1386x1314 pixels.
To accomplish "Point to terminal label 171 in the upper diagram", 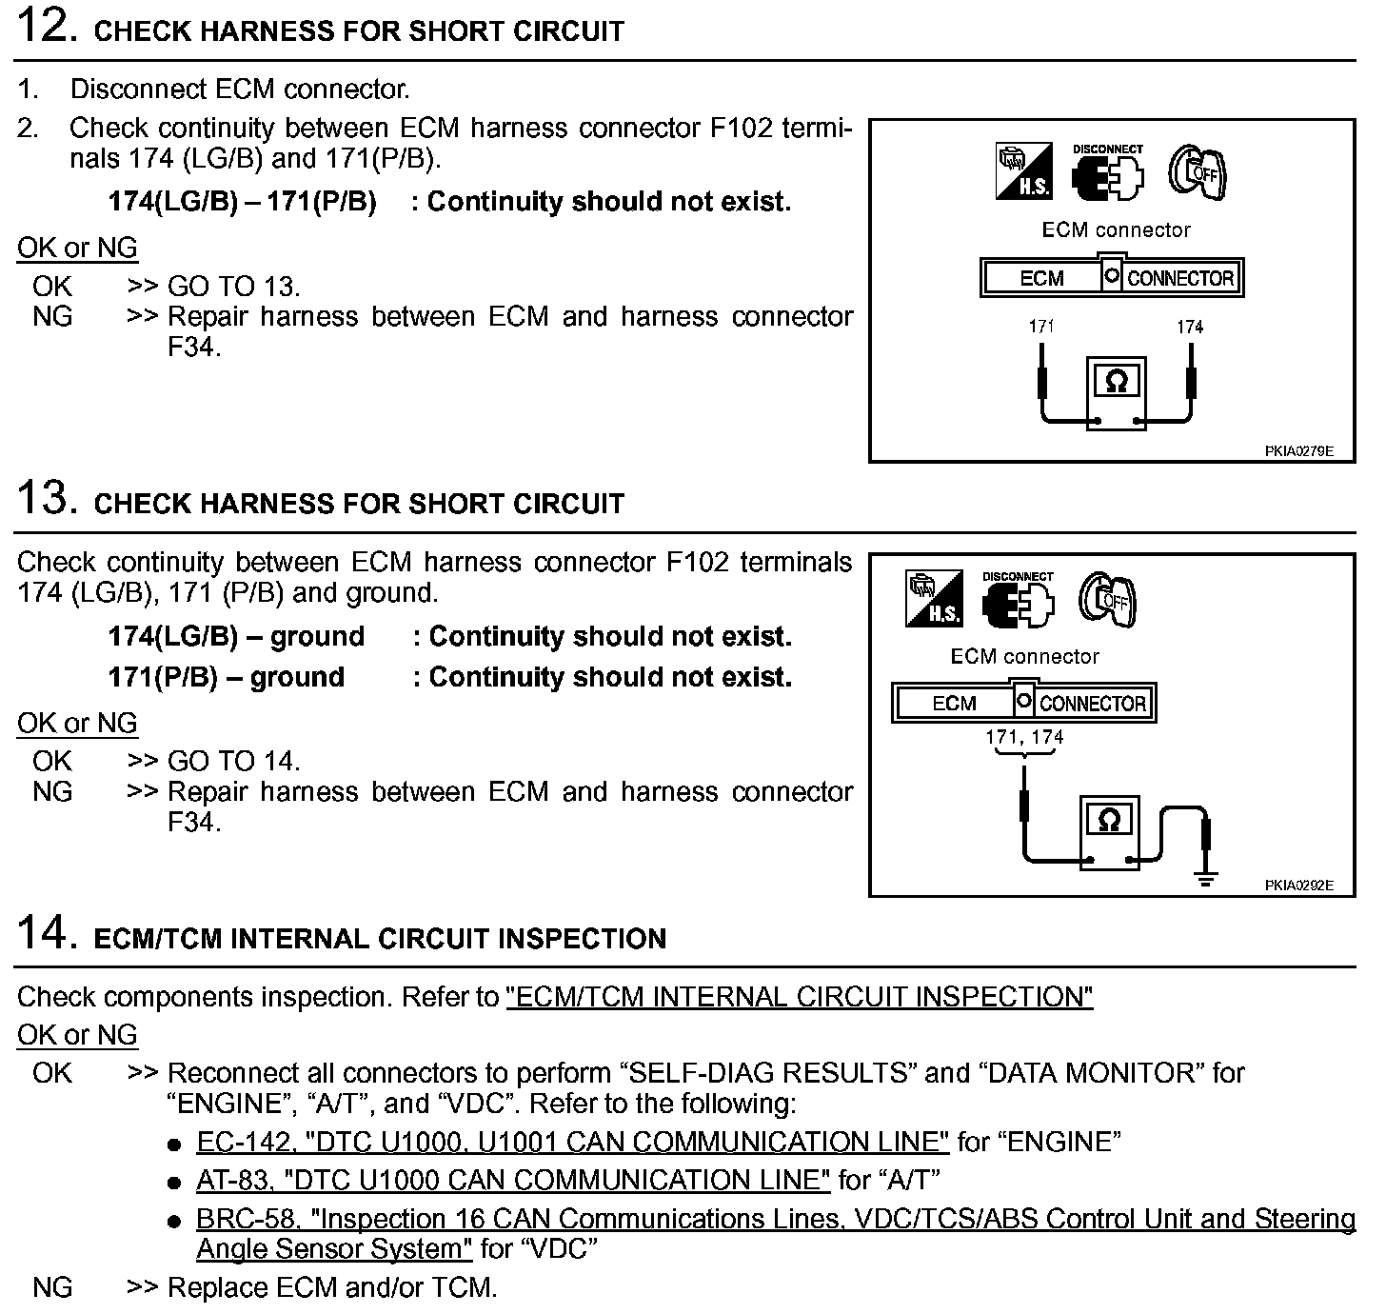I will click(x=1041, y=327).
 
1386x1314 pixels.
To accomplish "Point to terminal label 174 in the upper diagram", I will click(x=1190, y=327).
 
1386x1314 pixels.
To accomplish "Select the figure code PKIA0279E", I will click(x=1298, y=451).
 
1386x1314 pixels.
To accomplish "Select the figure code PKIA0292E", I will click(x=1298, y=886).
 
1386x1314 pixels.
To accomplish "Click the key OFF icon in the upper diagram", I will click(x=1198, y=172).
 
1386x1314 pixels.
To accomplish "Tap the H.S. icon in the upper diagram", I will click(x=1023, y=172).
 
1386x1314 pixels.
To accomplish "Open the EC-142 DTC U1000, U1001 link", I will click(x=572, y=1142).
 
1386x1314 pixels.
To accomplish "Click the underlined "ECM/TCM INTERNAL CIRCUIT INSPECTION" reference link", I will click(x=800, y=997).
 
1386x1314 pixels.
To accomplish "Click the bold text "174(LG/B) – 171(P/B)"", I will click(x=242, y=202).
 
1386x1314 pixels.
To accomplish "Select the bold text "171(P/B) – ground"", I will click(x=226, y=677).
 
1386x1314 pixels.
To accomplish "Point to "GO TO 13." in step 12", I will click(x=233, y=287).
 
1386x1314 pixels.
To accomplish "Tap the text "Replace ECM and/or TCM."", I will click(x=332, y=1288).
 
